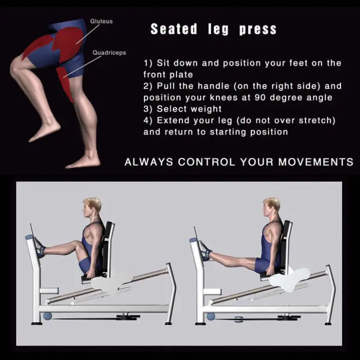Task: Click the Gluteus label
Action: pos(101,22)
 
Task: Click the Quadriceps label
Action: pos(109,53)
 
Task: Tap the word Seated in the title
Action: pos(174,29)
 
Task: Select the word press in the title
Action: pos(258,30)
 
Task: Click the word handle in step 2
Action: pos(213,86)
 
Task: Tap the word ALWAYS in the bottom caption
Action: pos(149,162)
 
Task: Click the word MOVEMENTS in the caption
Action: pos(316,162)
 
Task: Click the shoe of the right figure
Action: pos(205,251)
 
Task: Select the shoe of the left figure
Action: pos(40,248)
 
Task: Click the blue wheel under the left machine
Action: pos(47,316)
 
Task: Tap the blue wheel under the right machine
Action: pos(211,316)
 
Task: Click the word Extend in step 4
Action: pos(173,120)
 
